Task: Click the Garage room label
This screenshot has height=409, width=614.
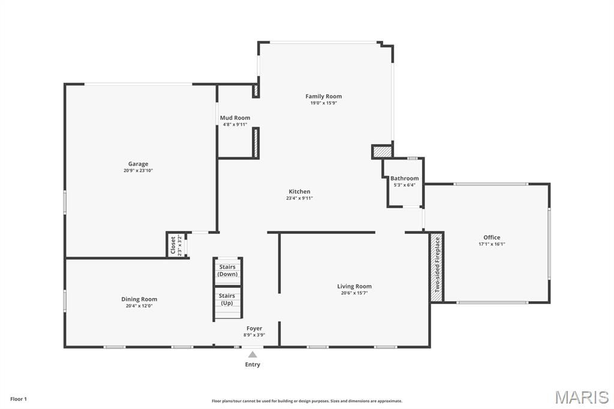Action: pyautogui.click(x=138, y=164)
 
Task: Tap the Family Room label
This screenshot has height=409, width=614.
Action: pyautogui.click(x=323, y=96)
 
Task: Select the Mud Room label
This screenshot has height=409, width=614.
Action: pyautogui.click(x=235, y=118)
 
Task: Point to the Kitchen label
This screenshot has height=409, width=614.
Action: pyautogui.click(x=299, y=191)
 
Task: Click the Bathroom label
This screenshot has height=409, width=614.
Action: pyautogui.click(x=404, y=178)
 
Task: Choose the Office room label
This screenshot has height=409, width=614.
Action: pyautogui.click(x=492, y=237)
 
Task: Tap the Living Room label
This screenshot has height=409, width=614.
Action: pyautogui.click(x=354, y=286)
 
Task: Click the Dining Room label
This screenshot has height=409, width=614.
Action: pyautogui.click(x=139, y=299)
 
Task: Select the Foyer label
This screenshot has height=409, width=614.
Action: pyautogui.click(x=254, y=328)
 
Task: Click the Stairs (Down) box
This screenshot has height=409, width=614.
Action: pyautogui.click(x=227, y=270)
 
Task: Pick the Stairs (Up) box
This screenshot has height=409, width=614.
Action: pyautogui.click(x=227, y=299)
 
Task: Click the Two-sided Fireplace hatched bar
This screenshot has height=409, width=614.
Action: pyautogui.click(x=437, y=267)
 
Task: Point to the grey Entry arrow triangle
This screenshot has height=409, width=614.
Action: pyautogui.click(x=253, y=354)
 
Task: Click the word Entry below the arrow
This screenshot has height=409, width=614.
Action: pyautogui.click(x=253, y=364)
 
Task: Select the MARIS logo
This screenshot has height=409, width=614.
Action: pyautogui.click(x=582, y=396)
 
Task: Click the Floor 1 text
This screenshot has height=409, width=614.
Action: pyautogui.click(x=19, y=399)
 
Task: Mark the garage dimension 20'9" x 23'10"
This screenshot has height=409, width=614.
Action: pyautogui.click(x=138, y=171)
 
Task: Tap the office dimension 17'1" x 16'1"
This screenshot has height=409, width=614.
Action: pyautogui.click(x=492, y=244)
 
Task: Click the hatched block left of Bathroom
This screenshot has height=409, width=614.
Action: pyautogui.click(x=382, y=152)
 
